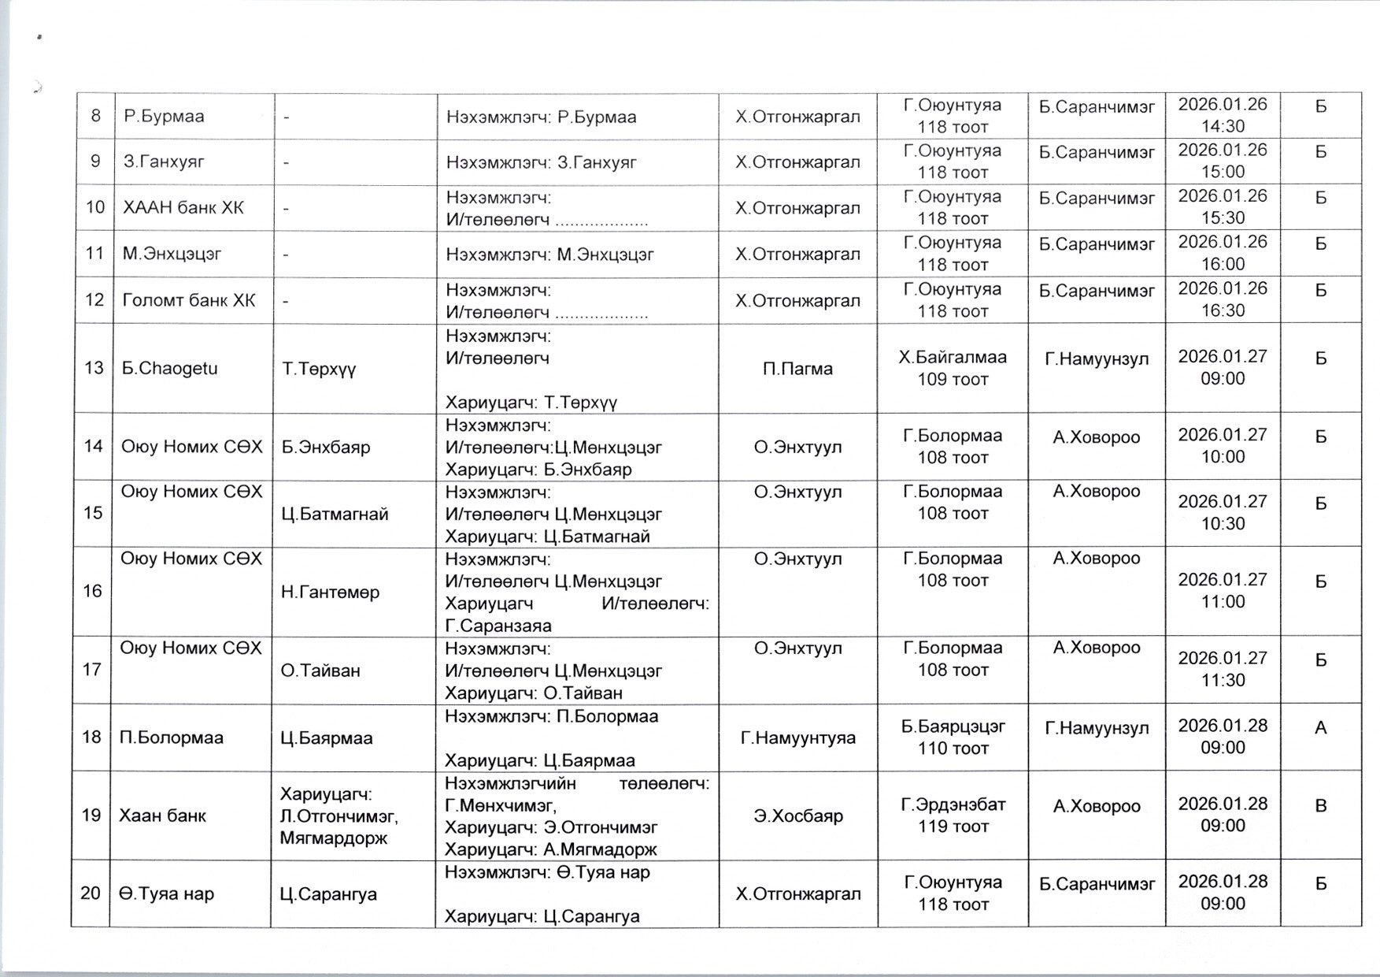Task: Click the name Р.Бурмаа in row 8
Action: (x=164, y=117)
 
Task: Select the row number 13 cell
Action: (x=94, y=368)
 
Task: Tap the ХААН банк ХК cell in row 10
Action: (x=183, y=208)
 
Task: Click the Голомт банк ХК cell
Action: (x=189, y=300)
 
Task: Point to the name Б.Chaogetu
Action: (x=169, y=368)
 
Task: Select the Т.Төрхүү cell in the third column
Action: (x=320, y=368)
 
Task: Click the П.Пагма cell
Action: (x=797, y=368)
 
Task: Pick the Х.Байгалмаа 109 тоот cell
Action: (x=953, y=368)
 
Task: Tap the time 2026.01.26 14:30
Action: (x=1223, y=116)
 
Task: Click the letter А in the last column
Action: (x=1321, y=727)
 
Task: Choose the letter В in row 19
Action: (x=1321, y=805)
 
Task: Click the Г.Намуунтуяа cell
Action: (x=797, y=737)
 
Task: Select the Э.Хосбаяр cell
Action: (x=797, y=815)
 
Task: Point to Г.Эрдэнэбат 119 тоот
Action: (x=953, y=815)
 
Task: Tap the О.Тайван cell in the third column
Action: (x=320, y=671)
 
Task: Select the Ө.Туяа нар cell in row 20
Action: (x=166, y=893)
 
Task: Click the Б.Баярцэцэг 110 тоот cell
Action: (x=953, y=737)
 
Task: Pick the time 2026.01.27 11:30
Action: (x=1223, y=669)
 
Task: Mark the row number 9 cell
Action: (x=95, y=162)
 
